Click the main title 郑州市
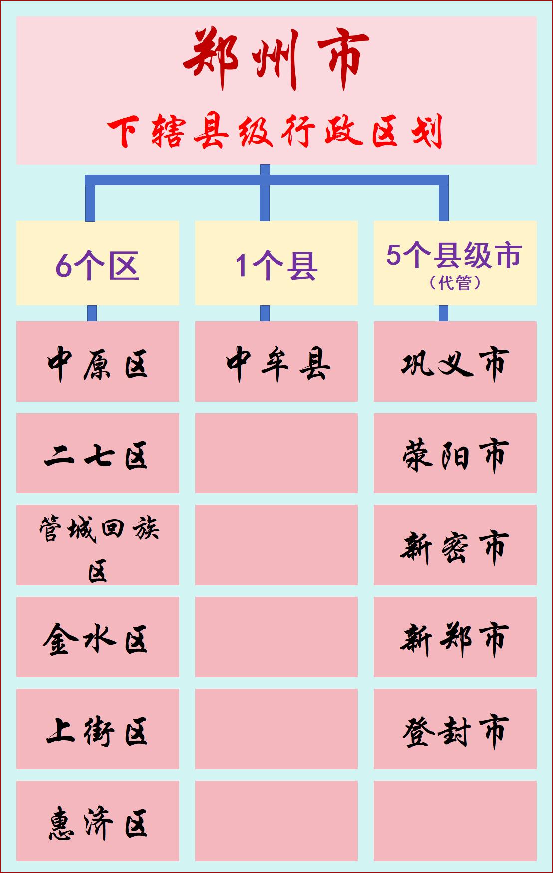(x=276, y=59)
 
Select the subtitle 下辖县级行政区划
(x=276, y=132)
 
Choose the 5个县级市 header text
(x=454, y=255)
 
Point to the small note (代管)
(x=455, y=283)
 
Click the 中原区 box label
(x=97, y=363)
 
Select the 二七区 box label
(x=97, y=455)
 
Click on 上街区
(x=97, y=731)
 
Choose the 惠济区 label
(x=97, y=823)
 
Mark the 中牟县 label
(x=277, y=363)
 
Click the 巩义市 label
(x=455, y=363)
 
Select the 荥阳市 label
(x=455, y=455)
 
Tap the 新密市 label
(x=455, y=547)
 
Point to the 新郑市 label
(x=455, y=639)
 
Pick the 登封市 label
(x=455, y=731)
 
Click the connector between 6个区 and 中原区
(x=92, y=313)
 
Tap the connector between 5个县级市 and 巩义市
(x=443, y=313)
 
